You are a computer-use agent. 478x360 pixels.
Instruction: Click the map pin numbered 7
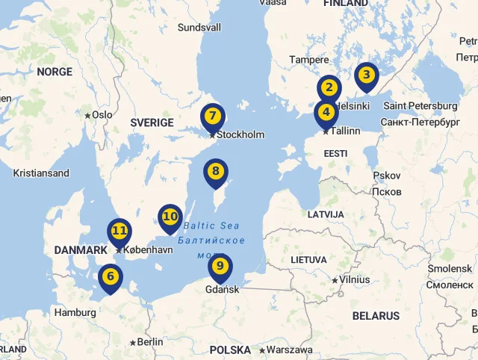click(x=213, y=117)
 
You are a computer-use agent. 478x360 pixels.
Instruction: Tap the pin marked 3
click(x=366, y=75)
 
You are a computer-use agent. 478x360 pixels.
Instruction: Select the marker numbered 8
click(x=216, y=172)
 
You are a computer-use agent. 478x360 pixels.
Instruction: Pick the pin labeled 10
click(x=170, y=217)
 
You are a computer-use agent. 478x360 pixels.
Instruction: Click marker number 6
click(x=111, y=277)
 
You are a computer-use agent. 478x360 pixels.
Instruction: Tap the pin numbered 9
click(x=220, y=267)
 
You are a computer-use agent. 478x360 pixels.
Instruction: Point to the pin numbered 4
click(x=326, y=114)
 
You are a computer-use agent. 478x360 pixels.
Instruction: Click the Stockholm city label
click(x=240, y=135)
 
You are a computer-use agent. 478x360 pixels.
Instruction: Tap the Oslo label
click(x=102, y=115)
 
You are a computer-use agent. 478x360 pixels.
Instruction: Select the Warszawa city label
click(x=289, y=350)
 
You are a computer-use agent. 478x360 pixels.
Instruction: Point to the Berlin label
click(x=150, y=342)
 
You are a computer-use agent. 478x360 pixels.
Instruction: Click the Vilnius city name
click(x=354, y=279)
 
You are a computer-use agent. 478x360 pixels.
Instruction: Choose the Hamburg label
click(x=75, y=313)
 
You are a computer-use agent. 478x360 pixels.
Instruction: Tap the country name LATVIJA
click(x=326, y=214)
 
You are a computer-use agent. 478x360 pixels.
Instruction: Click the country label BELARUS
click(x=376, y=316)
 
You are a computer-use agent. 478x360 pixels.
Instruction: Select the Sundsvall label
click(x=199, y=28)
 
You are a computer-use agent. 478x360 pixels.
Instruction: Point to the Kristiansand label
click(x=41, y=173)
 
